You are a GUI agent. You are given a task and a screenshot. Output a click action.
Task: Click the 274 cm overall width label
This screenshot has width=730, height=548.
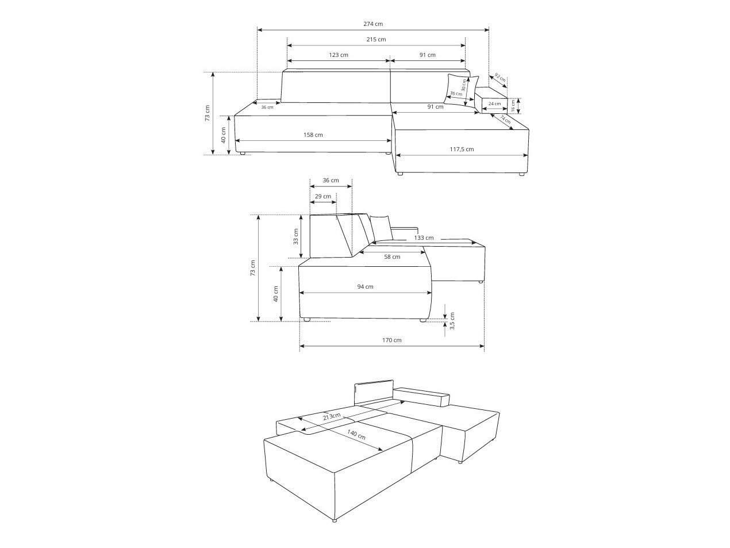tap(373, 24)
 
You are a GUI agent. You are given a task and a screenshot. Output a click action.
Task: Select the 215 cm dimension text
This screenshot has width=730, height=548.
tap(376, 40)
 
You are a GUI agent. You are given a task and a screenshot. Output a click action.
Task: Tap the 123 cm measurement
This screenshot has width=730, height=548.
tap(339, 55)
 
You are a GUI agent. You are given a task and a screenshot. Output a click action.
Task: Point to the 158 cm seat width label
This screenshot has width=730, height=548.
tap(313, 135)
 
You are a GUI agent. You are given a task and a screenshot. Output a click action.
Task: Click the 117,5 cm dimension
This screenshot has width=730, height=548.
tap(462, 150)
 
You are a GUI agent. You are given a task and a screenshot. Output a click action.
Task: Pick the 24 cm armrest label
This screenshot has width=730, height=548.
tap(494, 104)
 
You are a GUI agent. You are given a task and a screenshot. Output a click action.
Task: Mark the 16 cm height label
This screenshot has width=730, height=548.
tap(513, 105)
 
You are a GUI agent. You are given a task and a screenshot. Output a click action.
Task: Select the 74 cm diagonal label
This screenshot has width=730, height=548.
tap(505, 120)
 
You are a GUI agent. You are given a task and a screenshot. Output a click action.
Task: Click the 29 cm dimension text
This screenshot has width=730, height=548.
tap(323, 197)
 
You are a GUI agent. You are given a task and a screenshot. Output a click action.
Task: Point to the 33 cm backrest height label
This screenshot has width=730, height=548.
tap(296, 236)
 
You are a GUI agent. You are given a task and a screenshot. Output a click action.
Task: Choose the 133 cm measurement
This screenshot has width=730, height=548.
tap(423, 238)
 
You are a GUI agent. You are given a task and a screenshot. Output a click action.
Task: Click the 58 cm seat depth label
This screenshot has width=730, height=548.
tap(392, 257)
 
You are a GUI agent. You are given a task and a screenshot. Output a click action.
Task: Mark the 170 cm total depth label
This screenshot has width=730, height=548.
tap(392, 340)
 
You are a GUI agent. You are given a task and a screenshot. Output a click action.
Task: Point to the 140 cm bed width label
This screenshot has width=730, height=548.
tap(356, 434)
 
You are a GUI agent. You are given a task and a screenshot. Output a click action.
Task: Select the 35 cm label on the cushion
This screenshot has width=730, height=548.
tap(456, 93)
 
